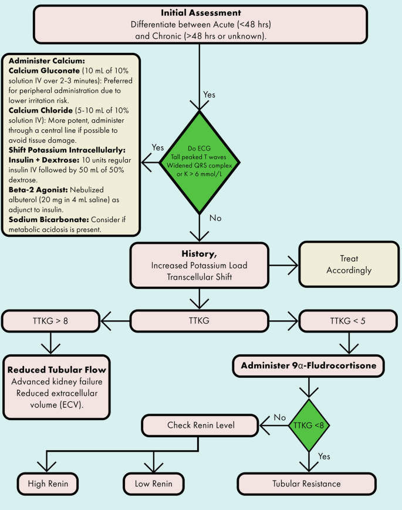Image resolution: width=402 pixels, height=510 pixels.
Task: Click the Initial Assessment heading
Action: pyautogui.click(x=201, y=12)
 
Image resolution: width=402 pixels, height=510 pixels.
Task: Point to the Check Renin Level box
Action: pyautogui.click(x=200, y=424)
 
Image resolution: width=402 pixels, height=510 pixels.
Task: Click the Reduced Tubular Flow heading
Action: pyautogui.click(x=56, y=370)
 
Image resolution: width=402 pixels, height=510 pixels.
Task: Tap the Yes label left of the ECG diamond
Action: pyautogui.click(x=157, y=147)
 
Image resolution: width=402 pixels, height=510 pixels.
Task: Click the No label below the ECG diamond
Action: pyautogui.click(x=215, y=218)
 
